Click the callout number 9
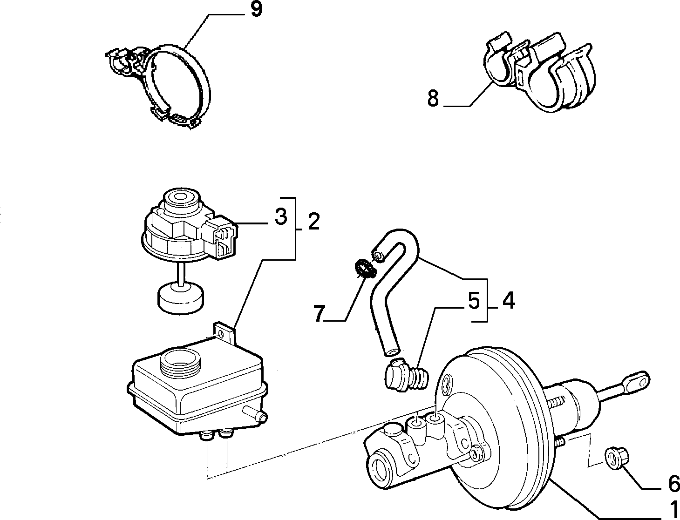(x=256, y=9)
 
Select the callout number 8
(x=433, y=98)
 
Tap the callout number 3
(x=281, y=216)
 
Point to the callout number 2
(x=313, y=221)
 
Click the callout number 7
(x=320, y=313)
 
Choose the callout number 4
(x=509, y=301)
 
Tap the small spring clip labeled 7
(x=366, y=269)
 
